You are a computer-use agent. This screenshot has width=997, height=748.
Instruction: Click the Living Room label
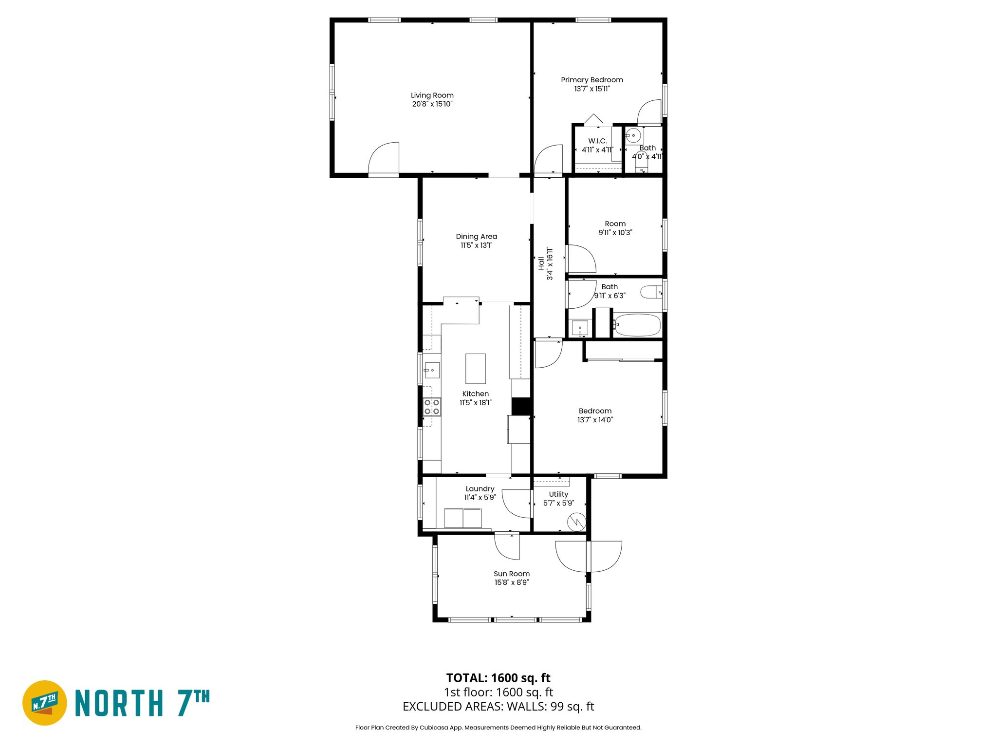pyautogui.click(x=432, y=95)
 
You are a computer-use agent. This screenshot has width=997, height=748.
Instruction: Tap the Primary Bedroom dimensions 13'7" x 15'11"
pyautogui.click(x=591, y=89)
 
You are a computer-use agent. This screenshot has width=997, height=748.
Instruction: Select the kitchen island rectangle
pyautogui.click(x=475, y=369)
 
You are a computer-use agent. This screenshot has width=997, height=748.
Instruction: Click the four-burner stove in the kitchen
pyautogui.click(x=431, y=407)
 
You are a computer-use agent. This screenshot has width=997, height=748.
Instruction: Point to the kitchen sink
pyautogui.click(x=432, y=371)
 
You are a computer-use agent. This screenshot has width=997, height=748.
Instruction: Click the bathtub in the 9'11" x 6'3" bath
pyautogui.click(x=637, y=325)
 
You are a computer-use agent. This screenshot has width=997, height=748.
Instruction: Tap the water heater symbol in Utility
pyautogui.click(x=576, y=522)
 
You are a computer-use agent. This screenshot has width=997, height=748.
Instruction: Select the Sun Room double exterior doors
pyautogui.click(x=589, y=556)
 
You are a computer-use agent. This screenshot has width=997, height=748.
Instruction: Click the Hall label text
pyautogui.click(x=541, y=263)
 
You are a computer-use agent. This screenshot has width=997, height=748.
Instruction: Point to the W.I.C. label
pyautogui.click(x=597, y=141)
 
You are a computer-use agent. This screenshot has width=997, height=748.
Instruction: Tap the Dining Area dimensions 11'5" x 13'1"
pyautogui.click(x=476, y=245)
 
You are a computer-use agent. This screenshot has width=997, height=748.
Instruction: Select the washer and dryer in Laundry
pyautogui.click(x=462, y=518)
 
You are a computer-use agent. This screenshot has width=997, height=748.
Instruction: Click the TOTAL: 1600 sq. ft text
pyautogui.click(x=498, y=678)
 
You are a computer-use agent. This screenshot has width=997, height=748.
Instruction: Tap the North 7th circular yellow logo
pyautogui.click(x=45, y=703)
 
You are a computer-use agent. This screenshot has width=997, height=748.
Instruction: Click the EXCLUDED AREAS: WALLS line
pyautogui.click(x=498, y=707)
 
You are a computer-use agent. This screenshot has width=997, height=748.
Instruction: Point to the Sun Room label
pyautogui.click(x=511, y=574)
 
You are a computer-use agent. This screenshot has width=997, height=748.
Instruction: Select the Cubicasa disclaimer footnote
pyautogui.click(x=498, y=728)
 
